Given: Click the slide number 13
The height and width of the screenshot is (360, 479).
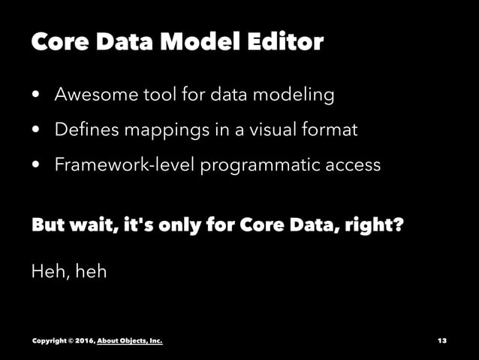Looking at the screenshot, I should click(441, 341).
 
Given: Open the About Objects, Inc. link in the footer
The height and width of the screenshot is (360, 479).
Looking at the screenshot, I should click(130, 341).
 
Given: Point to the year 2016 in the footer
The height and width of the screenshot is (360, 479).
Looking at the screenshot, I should click(83, 341).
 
